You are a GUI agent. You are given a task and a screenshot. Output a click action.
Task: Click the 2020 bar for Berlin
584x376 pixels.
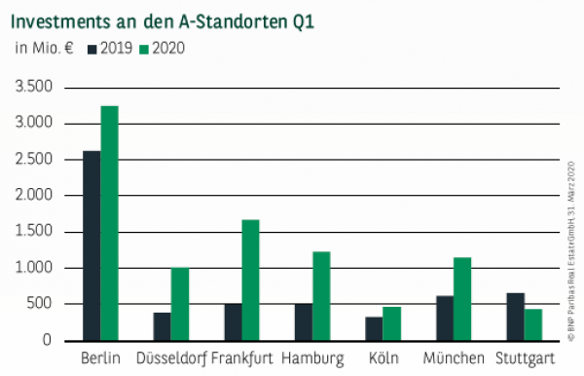[x=109, y=223]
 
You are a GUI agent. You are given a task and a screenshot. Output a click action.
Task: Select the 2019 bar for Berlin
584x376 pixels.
[x=91, y=245]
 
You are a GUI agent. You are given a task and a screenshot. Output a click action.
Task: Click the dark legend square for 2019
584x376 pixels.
[x=92, y=46]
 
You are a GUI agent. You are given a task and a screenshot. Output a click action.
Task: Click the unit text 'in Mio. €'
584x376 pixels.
[x=44, y=46]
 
